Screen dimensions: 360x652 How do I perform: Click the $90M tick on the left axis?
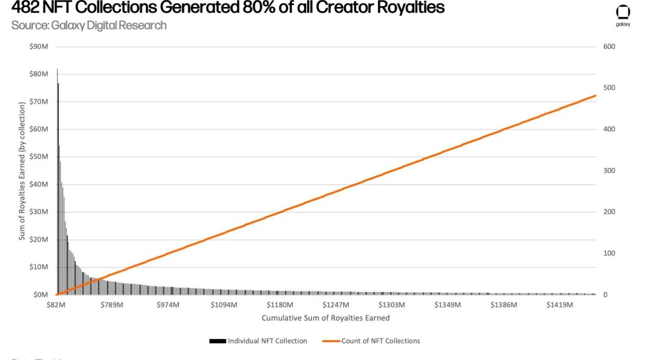[39, 47]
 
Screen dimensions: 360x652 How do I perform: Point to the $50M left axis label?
[39, 157]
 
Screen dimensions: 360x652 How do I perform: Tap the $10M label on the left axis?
[39, 267]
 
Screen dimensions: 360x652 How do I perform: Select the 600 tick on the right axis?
[609, 47]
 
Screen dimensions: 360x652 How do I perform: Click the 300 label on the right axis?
[609, 171]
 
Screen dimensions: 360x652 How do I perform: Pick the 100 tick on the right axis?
[609, 253]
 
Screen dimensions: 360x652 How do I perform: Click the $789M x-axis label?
[112, 305]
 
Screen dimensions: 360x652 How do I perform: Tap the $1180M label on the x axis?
[280, 305]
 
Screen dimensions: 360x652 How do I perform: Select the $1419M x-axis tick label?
[559, 305]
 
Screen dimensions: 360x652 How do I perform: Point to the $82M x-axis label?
[56, 305]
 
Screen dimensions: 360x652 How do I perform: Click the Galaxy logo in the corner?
[623, 15]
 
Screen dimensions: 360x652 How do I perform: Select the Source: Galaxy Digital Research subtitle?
[89, 25]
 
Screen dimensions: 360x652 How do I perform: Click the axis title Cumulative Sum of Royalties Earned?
[326, 318]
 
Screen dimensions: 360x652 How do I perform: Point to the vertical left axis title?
[22, 171]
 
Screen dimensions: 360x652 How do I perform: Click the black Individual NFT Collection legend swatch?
[217, 341]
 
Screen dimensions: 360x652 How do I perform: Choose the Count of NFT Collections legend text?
[380, 341]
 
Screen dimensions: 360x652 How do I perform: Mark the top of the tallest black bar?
[57, 69]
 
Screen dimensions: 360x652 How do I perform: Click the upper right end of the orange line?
[595, 96]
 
